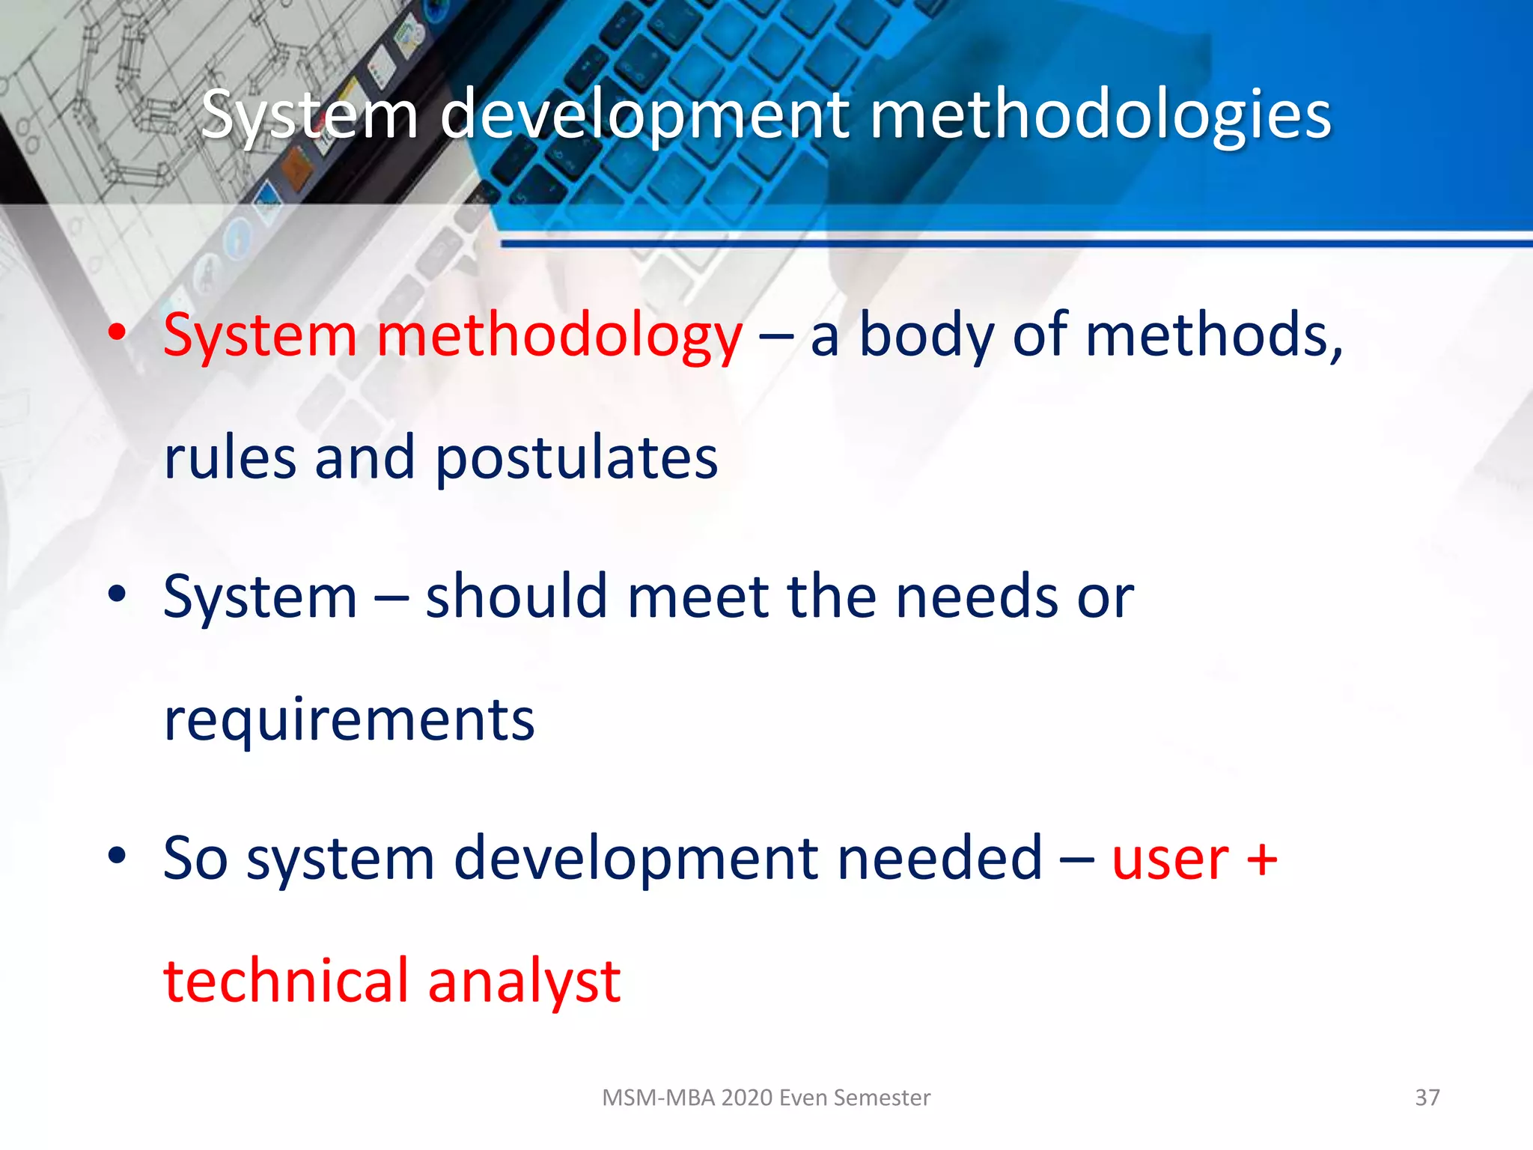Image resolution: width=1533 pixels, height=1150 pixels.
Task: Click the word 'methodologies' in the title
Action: click(x=1100, y=116)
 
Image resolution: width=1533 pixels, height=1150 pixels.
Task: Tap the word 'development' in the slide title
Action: click(x=644, y=116)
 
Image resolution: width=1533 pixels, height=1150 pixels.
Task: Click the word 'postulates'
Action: click(x=576, y=458)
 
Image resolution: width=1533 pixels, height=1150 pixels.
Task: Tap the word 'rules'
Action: click(x=229, y=458)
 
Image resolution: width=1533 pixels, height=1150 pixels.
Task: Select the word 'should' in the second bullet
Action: click(x=516, y=597)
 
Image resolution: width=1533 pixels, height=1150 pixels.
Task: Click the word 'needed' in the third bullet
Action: click(x=939, y=858)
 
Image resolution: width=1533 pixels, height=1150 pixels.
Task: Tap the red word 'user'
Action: click(x=1169, y=860)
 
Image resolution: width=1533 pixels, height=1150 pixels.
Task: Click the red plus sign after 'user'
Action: click(x=1262, y=860)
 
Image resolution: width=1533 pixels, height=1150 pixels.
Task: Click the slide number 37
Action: click(x=1427, y=1098)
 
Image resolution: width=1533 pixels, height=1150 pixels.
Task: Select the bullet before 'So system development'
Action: click(x=117, y=855)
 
